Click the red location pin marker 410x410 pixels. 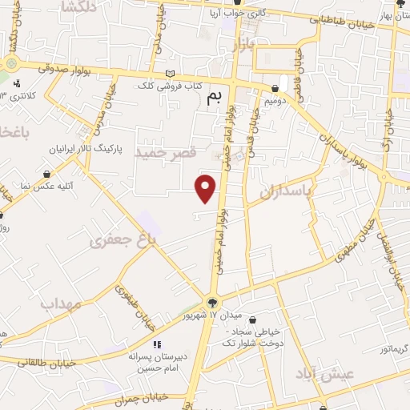click(207, 188)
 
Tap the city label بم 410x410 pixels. click(214, 97)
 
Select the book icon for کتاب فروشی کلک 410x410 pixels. click(169, 74)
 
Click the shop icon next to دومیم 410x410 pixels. click(275, 90)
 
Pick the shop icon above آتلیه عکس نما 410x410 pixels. click(47, 174)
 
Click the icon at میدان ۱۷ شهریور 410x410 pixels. click(211, 303)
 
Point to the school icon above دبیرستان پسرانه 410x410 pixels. click(157, 344)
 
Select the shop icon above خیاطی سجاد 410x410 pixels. click(253, 320)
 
